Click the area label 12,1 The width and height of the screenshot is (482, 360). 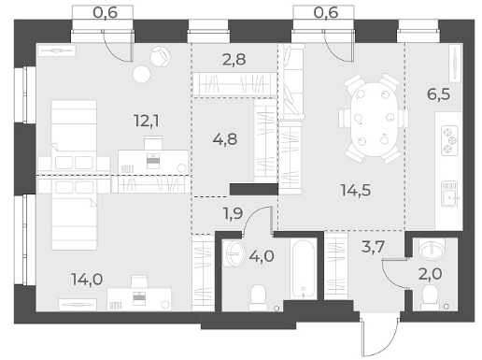tap(147, 121)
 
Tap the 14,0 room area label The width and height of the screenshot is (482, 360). tap(87, 279)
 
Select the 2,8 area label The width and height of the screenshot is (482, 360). tap(234, 59)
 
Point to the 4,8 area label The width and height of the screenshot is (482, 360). tap(225, 139)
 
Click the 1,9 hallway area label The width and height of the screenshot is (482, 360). tap(233, 213)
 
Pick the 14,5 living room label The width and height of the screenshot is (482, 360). tap(356, 190)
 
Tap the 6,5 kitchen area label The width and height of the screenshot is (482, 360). tap(439, 94)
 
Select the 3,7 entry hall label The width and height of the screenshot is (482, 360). tap(373, 247)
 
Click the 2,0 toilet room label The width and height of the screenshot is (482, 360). tap(430, 274)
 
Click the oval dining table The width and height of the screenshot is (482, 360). tap(375, 119)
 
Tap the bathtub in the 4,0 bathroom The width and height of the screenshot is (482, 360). tap(304, 269)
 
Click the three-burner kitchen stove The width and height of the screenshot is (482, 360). tap(449, 140)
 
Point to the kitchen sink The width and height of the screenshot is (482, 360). tap(449, 194)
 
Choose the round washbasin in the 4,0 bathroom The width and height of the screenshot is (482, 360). tap(234, 253)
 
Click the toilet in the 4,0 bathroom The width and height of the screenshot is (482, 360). tap(258, 297)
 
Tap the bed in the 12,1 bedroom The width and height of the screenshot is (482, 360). tap(74, 135)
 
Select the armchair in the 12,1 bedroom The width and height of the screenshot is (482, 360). tap(160, 57)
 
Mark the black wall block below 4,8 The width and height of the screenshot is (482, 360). tap(254, 189)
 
